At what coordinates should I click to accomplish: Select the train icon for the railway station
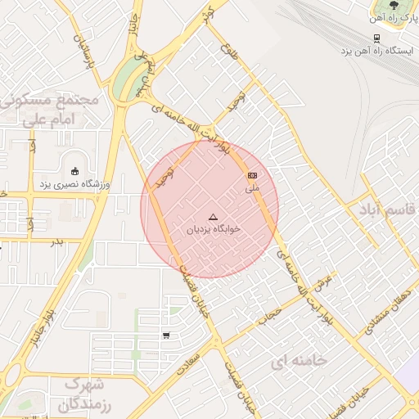point(376,38)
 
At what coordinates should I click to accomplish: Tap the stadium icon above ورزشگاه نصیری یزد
point(75,172)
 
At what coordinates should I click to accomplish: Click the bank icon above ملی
point(252,176)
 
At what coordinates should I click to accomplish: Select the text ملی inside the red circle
point(252,189)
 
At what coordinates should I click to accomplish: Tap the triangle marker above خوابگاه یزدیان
point(214,217)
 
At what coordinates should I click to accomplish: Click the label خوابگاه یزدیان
point(214,230)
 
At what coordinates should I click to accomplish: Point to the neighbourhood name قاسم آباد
point(385,209)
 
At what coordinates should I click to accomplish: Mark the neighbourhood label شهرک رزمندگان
point(86,394)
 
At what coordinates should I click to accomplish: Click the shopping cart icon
point(166,335)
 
